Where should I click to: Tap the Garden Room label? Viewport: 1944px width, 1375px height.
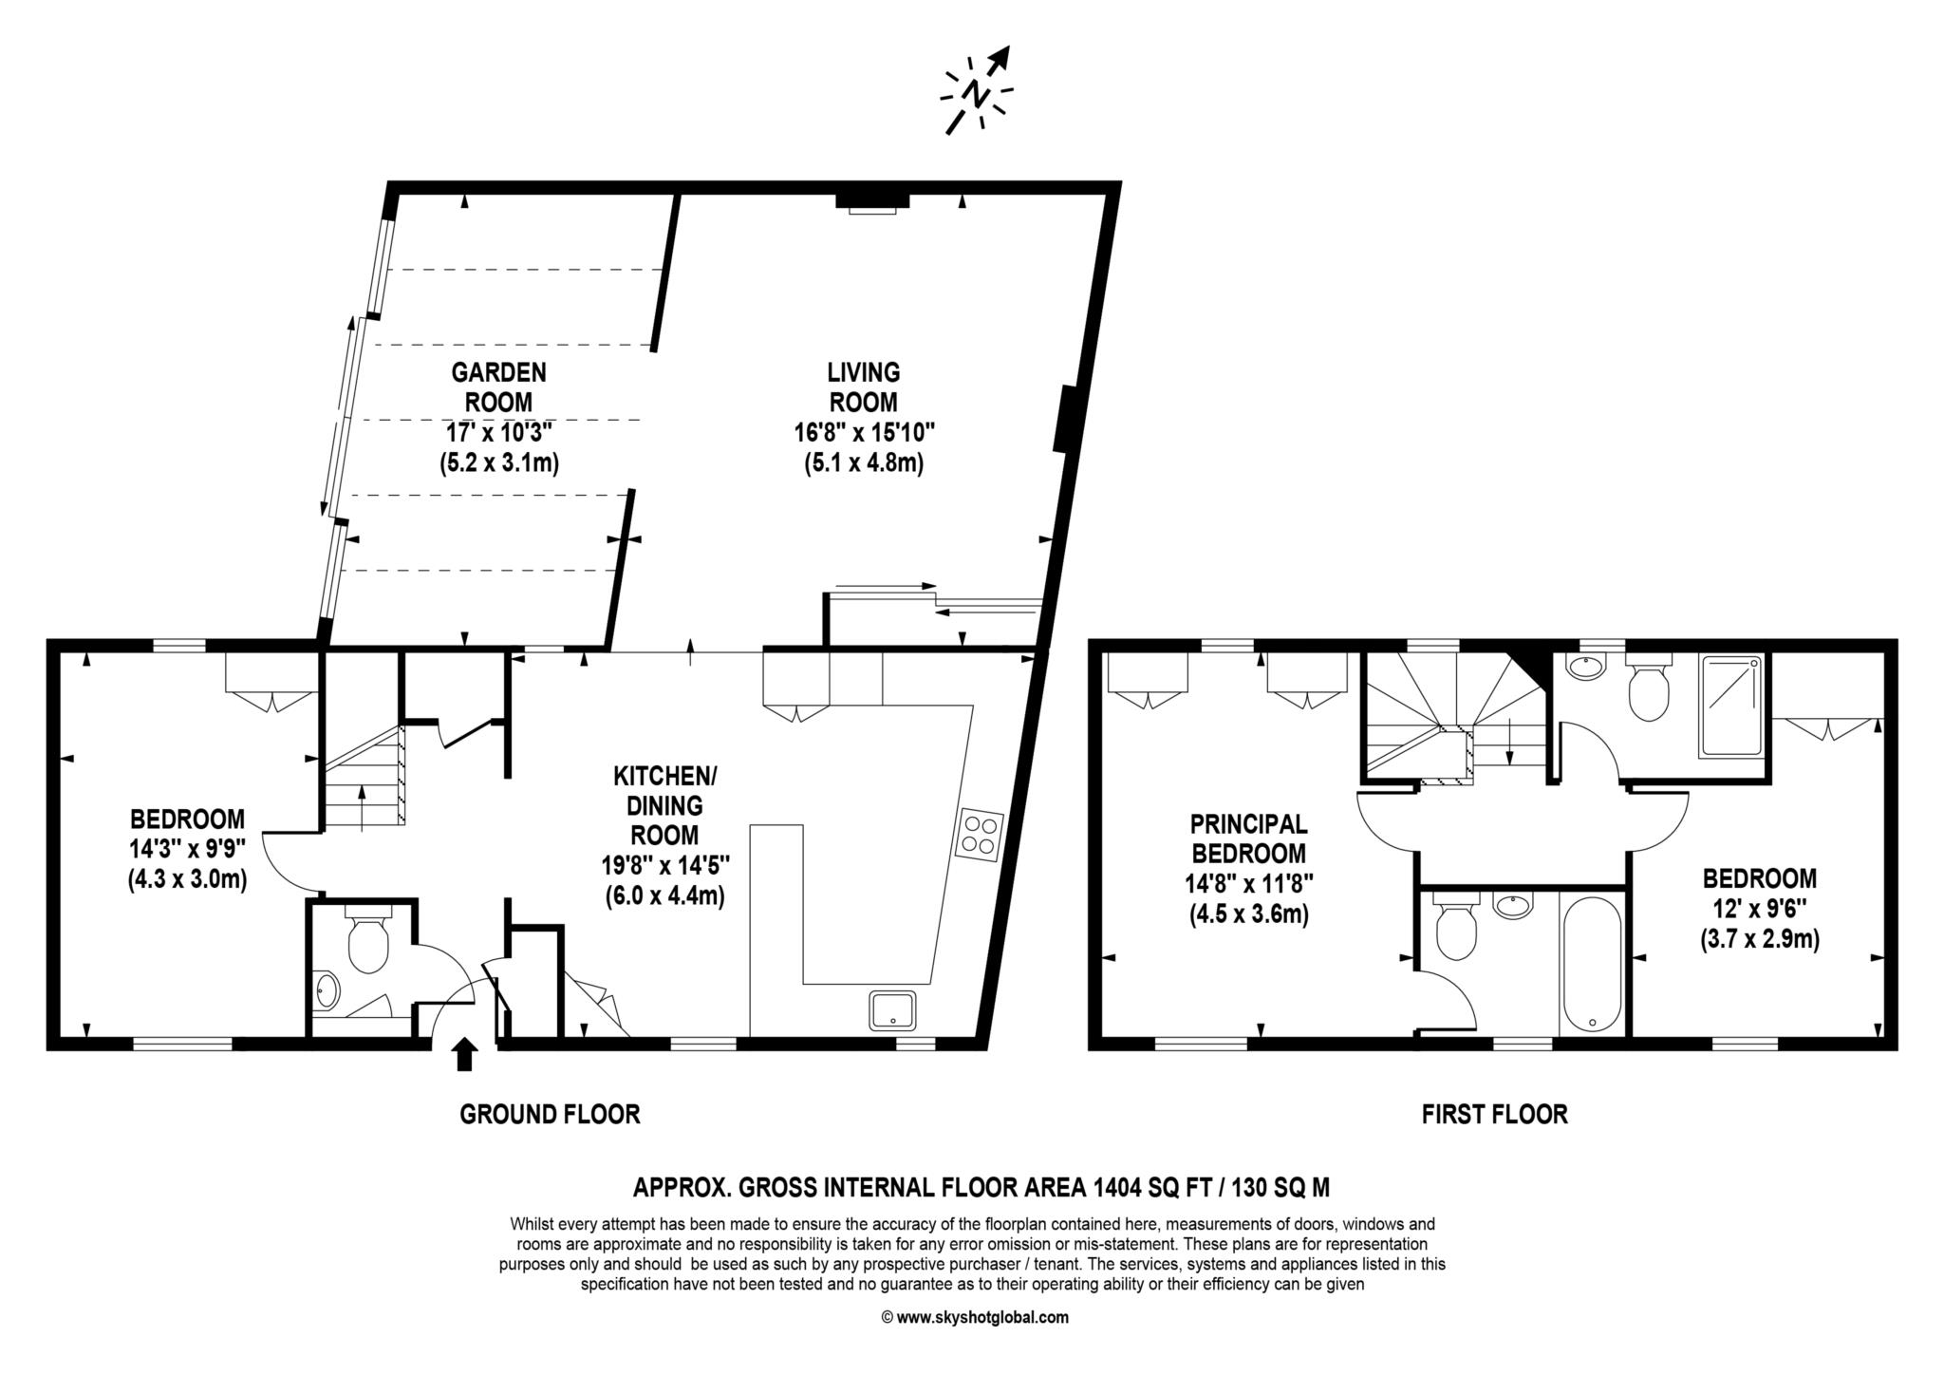(x=498, y=386)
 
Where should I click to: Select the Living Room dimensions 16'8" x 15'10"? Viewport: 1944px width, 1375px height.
(x=864, y=433)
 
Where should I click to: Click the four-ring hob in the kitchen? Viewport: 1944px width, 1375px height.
(x=980, y=833)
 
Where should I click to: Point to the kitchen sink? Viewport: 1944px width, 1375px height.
(x=892, y=1010)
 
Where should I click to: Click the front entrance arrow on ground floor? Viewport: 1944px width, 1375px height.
(x=464, y=1054)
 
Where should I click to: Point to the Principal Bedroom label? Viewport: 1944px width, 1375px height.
(x=1248, y=838)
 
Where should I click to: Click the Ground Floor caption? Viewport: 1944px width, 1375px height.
(x=550, y=1114)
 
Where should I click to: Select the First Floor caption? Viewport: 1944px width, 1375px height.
(x=1494, y=1114)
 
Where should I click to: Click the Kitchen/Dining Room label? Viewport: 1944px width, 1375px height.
(x=664, y=805)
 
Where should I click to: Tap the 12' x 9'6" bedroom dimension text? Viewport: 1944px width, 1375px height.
(x=1759, y=910)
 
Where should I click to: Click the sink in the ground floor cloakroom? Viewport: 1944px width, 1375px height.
(x=327, y=991)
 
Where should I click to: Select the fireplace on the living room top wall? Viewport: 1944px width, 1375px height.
(x=872, y=202)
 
